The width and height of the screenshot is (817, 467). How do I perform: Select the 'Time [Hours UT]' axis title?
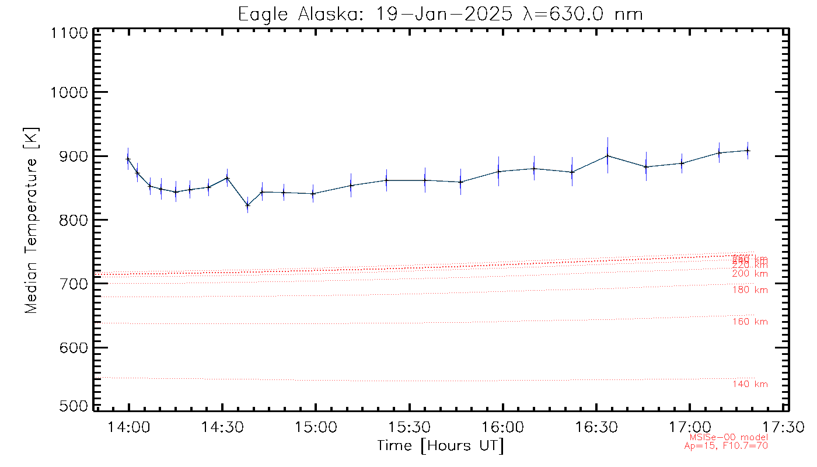point(440,446)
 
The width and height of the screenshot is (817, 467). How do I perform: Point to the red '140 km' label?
point(750,384)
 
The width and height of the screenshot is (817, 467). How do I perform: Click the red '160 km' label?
point(750,322)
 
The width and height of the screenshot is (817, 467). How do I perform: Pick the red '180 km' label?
point(750,290)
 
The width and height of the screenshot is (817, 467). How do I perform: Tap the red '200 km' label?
point(750,274)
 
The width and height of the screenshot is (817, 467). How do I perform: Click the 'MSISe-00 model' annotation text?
point(728,437)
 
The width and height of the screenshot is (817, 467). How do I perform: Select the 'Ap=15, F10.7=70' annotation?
point(726,446)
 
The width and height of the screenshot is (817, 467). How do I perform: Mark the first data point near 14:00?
point(128,159)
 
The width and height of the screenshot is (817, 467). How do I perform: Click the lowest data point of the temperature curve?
point(247,205)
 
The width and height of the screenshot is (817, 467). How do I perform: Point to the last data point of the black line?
point(748,151)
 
